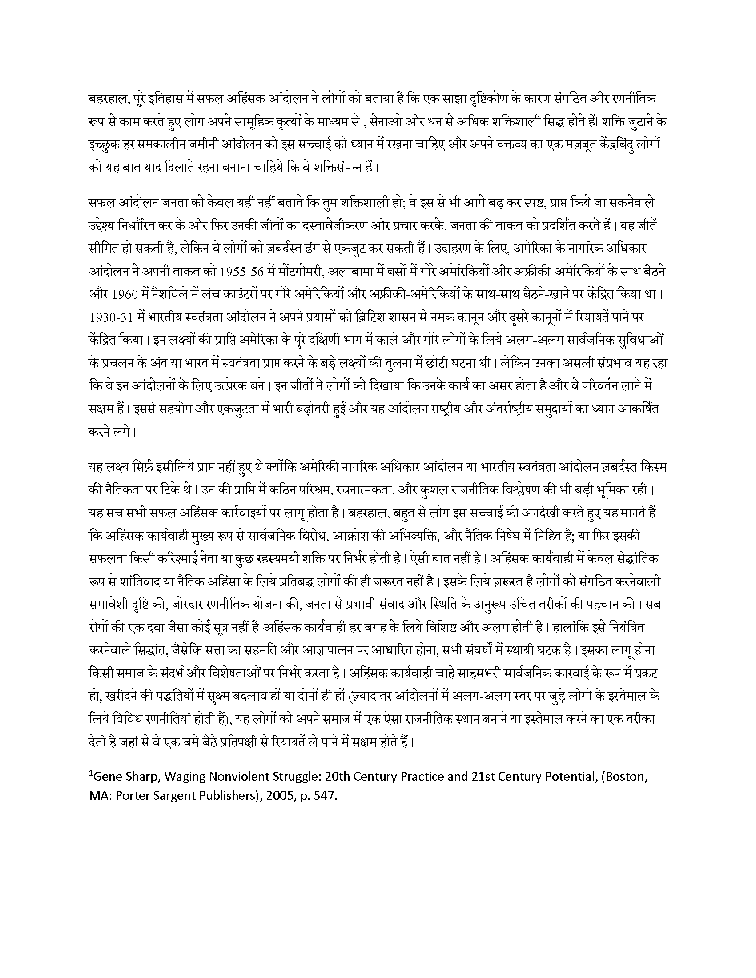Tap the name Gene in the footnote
click(x=107, y=778)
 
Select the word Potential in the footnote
click(x=568, y=778)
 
